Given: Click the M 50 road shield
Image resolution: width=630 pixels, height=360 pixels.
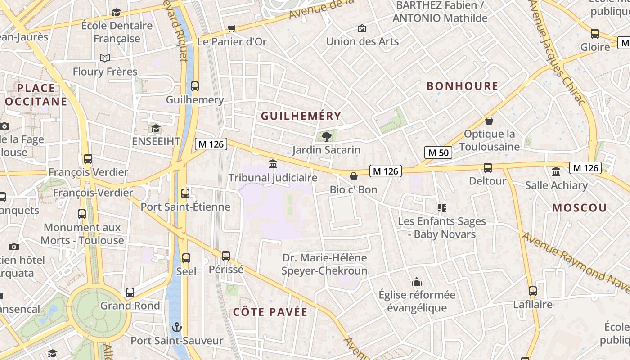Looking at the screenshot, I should [438, 153].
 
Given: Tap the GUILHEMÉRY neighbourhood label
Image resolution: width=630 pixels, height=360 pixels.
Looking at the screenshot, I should [301, 116].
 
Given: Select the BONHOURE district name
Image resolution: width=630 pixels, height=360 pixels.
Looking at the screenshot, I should [462, 86].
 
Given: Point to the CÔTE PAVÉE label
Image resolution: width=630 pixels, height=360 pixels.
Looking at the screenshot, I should [270, 312].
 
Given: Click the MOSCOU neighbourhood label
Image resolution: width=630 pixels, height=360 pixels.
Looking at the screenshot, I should [580, 207].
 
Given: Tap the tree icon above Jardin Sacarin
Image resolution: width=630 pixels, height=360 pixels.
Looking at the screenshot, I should [327, 136].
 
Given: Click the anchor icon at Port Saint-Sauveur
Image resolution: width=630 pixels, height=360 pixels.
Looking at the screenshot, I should [177, 327].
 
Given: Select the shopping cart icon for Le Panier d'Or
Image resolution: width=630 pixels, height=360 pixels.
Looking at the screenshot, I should [232, 29].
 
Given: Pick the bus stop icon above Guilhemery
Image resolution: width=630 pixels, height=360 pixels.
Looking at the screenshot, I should [195, 86].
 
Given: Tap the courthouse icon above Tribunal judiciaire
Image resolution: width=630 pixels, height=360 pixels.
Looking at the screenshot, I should [273, 164].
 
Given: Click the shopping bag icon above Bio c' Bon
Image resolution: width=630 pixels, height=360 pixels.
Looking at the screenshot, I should [354, 175].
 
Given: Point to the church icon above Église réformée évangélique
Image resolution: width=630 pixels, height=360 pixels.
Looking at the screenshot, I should [417, 282].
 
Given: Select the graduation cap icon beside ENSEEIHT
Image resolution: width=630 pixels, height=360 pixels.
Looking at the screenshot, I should [156, 129].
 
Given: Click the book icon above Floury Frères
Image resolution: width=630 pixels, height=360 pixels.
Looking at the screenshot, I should [105, 58].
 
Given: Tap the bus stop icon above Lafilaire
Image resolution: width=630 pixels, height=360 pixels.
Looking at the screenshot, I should [533, 291].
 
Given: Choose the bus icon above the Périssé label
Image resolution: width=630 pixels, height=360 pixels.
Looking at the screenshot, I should [226, 256].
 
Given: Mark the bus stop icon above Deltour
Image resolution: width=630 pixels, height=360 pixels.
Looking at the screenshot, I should [487, 168].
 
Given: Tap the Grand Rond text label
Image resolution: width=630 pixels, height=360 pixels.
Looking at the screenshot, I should [130, 306].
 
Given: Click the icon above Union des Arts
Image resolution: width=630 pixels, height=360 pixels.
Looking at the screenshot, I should [362, 29].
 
